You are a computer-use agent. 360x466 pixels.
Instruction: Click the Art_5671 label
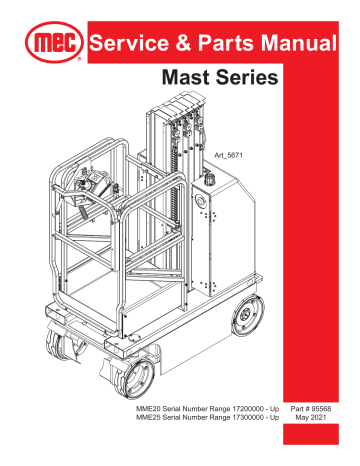pyautogui.click(x=231, y=157)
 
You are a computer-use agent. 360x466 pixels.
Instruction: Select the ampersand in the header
pyautogui.click(x=178, y=45)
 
